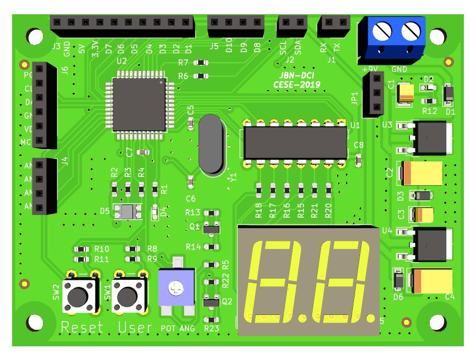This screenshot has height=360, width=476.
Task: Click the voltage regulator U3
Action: coord(430,137)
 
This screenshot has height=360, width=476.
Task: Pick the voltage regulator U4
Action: coord(430,244)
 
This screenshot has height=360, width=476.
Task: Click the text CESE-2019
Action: coord(297,85)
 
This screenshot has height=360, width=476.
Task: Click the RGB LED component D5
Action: coord(128,211)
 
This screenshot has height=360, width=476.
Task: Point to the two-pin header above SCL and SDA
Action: coord(292,23)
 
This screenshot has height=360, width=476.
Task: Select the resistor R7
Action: coord(201,63)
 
